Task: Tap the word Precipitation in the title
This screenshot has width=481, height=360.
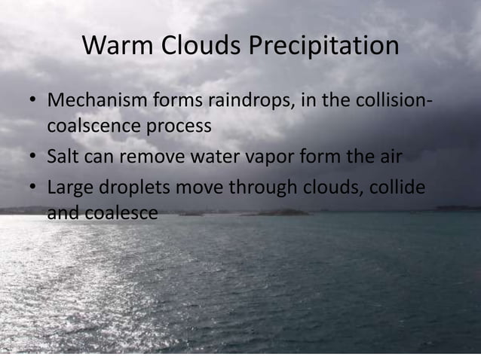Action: [323, 46]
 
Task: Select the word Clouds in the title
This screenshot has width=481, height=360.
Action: [199, 46]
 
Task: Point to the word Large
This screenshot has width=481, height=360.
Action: [69, 188]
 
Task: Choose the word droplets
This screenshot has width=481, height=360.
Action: [133, 188]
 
